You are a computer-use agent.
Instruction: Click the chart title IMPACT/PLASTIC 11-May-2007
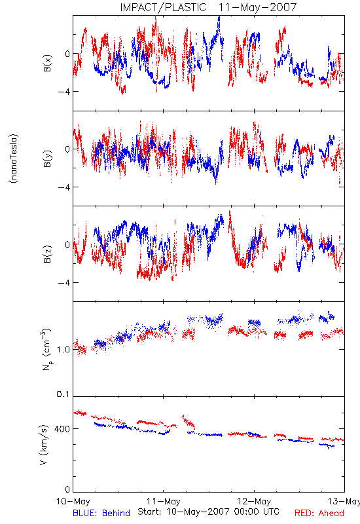click(208, 7)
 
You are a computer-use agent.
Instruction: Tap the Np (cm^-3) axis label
click(46, 349)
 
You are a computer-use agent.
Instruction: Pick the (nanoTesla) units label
click(14, 159)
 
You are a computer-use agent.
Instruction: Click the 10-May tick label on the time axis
click(73, 501)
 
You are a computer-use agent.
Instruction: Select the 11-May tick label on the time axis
click(163, 501)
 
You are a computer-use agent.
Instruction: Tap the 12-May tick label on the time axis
click(254, 501)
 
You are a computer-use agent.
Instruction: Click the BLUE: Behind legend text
click(101, 513)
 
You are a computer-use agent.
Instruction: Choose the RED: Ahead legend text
click(319, 513)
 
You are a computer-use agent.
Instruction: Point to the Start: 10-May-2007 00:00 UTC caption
click(208, 512)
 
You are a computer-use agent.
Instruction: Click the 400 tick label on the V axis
click(62, 429)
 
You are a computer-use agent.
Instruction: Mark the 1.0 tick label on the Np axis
click(63, 350)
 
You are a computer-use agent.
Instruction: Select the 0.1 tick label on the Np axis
click(63, 394)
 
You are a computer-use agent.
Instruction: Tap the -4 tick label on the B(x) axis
click(63, 91)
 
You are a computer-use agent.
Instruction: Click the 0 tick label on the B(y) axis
click(67, 149)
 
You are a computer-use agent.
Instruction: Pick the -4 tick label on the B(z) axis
click(63, 283)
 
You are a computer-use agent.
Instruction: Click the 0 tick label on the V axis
click(67, 489)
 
